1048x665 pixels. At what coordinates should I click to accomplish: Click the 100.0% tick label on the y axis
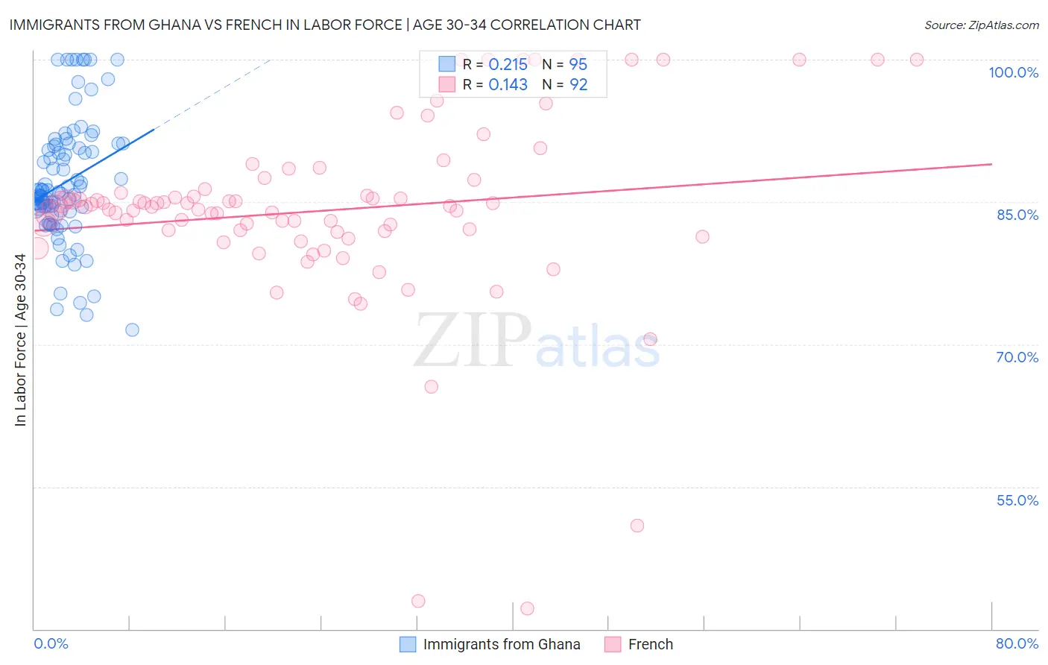(x=1013, y=72)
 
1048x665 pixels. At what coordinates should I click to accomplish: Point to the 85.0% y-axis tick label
(x=1017, y=215)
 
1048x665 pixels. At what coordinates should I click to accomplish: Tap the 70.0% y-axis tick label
(x=1017, y=357)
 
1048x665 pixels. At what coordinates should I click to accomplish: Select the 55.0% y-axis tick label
(x=1017, y=500)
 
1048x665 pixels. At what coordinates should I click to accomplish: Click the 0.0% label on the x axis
(x=51, y=643)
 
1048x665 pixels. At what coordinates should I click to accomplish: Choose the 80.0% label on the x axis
(x=1017, y=643)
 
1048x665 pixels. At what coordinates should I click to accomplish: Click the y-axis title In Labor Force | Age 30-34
(x=20, y=340)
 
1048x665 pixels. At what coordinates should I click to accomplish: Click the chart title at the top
(x=325, y=25)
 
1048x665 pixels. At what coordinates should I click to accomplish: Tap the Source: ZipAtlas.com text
(x=981, y=25)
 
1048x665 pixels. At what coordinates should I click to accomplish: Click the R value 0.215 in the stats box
(x=508, y=65)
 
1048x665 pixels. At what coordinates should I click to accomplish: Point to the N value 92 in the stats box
(x=578, y=85)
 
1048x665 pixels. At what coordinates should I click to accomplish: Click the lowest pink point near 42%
(x=527, y=608)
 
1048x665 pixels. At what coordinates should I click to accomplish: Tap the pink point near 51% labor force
(x=637, y=526)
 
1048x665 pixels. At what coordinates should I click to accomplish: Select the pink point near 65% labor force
(x=431, y=386)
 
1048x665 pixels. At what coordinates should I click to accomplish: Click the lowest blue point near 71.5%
(x=132, y=330)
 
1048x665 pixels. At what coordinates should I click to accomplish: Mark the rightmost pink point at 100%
(x=917, y=60)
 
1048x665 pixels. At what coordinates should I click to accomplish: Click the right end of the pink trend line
(x=991, y=164)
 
